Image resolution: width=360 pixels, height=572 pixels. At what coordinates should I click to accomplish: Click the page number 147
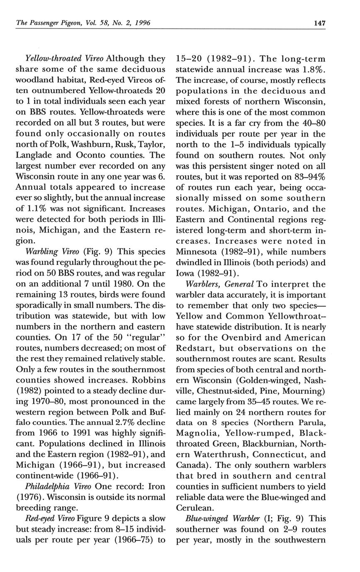[319, 23]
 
